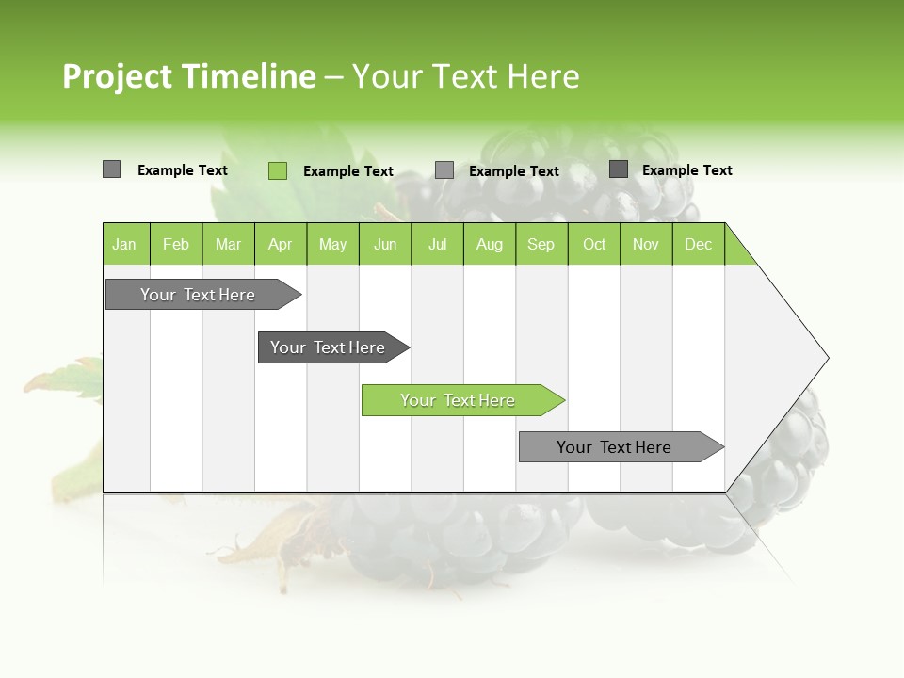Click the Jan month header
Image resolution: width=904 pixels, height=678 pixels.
[x=125, y=244]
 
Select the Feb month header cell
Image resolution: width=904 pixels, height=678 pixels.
[x=176, y=244]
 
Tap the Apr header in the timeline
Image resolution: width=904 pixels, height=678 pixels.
[x=281, y=244]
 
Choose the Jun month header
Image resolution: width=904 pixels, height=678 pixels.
[x=385, y=244]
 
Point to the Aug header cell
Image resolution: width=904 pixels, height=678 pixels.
[x=490, y=244]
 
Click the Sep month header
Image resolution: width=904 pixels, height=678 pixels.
[x=541, y=244]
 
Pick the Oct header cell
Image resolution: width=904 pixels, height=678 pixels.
[x=594, y=244]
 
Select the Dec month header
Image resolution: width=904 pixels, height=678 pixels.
[x=699, y=244]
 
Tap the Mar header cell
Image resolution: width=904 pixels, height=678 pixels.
[x=228, y=244]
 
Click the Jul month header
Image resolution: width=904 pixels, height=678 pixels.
[x=438, y=244]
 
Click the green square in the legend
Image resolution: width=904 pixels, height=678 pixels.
[x=278, y=170]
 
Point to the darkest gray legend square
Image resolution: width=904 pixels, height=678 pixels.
[x=619, y=169]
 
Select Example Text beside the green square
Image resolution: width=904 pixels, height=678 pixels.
[x=348, y=171]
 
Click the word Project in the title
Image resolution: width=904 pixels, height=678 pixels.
[x=117, y=76]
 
